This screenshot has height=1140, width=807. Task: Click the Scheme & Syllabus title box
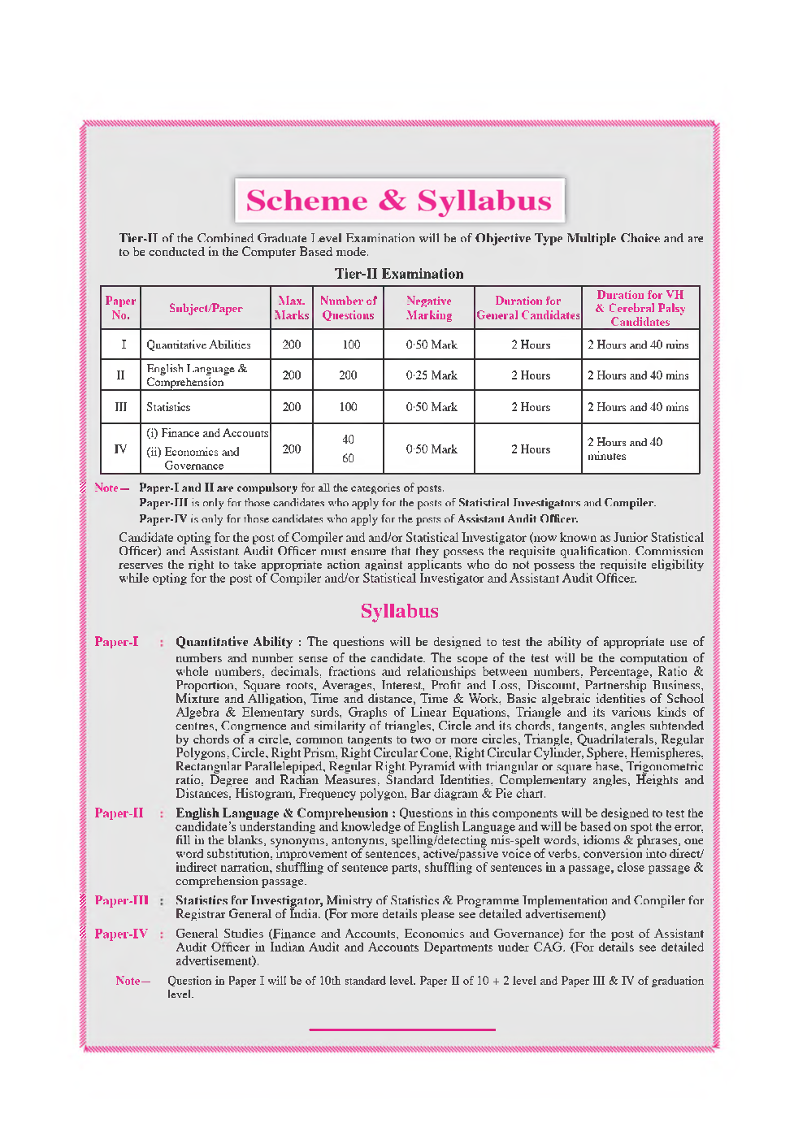click(399, 201)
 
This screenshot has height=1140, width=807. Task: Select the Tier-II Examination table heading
click(399, 274)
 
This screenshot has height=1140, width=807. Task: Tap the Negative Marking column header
click(429, 308)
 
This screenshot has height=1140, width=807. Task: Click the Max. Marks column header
click(291, 308)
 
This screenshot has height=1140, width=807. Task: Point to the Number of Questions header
click(348, 308)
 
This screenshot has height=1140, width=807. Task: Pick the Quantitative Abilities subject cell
click(198, 345)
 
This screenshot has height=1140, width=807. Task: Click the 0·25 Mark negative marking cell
click(432, 375)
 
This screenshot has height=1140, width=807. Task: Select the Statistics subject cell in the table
click(168, 407)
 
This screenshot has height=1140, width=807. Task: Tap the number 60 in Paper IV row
click(348, 458)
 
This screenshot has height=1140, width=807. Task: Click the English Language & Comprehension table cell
click(197, 375)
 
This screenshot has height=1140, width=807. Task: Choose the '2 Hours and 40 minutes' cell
click(625, 449)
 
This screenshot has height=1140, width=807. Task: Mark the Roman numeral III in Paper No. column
click(120, 407)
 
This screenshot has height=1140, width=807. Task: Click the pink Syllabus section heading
click(399, 611)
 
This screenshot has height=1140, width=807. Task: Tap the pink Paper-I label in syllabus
click(116, 642)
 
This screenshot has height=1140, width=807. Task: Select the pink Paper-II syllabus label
click(119, 813)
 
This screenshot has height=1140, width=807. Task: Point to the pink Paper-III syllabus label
click(121, 900)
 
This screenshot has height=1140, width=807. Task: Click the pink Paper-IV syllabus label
click(121, 934)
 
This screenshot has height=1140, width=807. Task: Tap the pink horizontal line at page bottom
click(401, 1029)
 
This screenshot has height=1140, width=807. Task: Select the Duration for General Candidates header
click(527, 308)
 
